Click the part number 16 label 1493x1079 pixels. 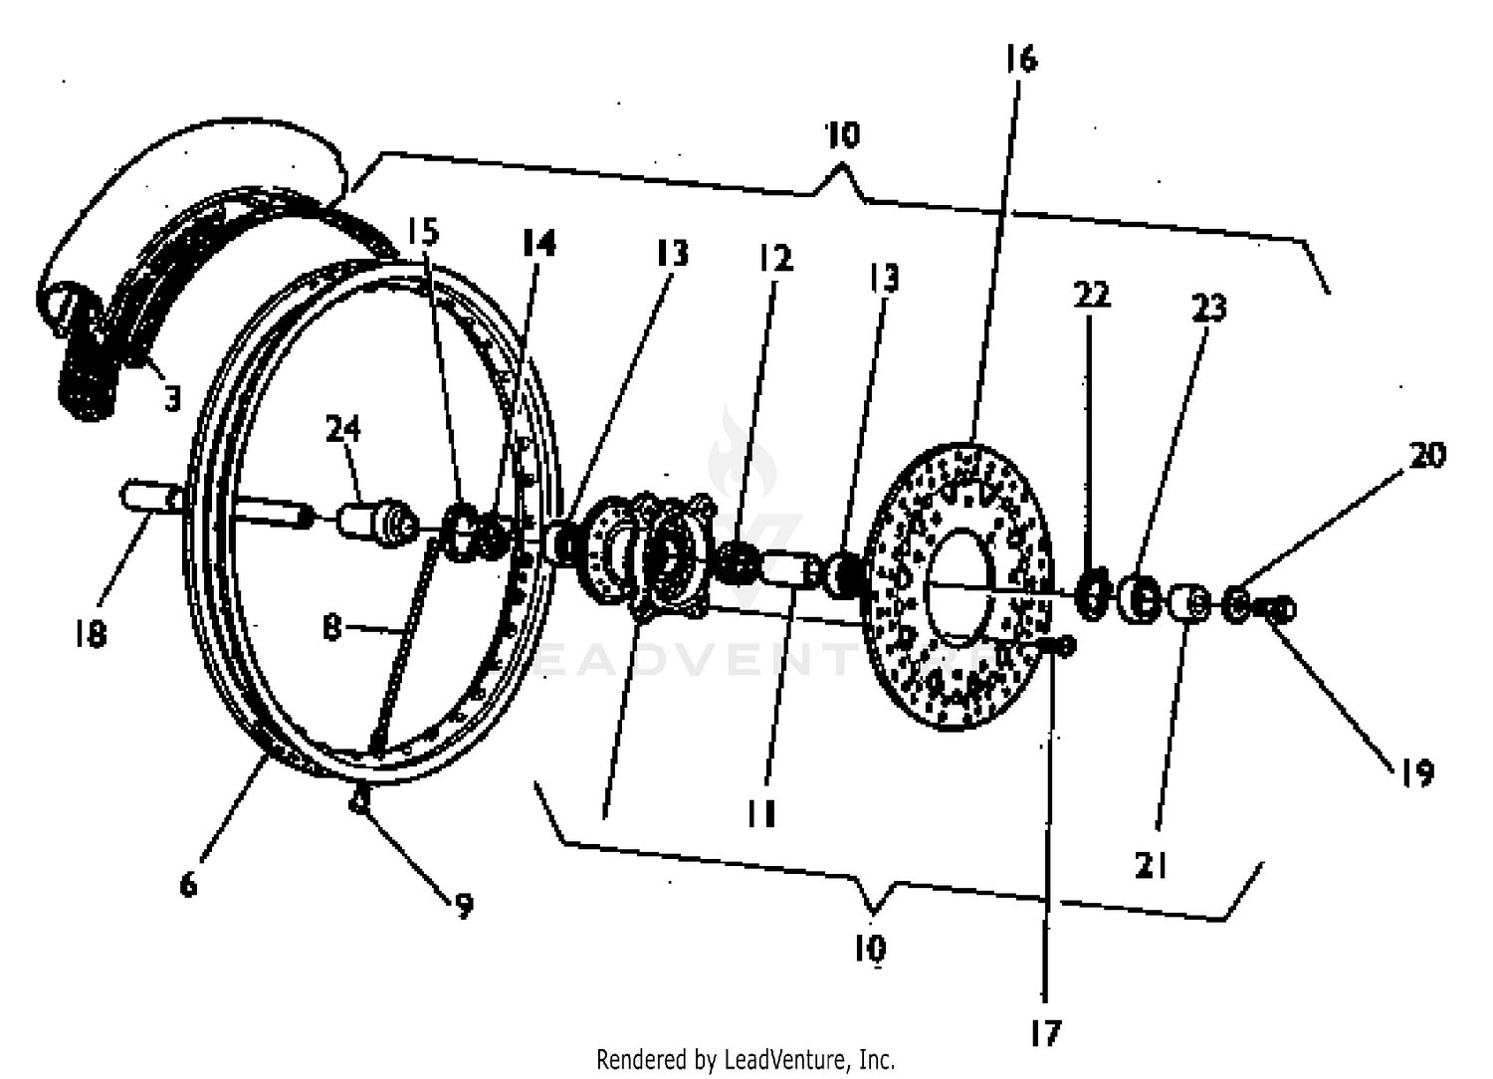coord(1020,60)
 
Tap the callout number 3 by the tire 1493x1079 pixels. coord(173,399)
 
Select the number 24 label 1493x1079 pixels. coord(342,429)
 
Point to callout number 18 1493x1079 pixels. coord(90,633)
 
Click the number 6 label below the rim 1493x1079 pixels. coord(188,883)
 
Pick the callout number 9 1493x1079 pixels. coord(464,906)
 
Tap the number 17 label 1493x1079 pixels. coord(1045,1033)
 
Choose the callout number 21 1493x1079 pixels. coord(1151,865)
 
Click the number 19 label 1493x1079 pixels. coord(1417,772)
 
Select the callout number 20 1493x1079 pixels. coord(1427,455)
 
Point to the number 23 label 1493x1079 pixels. coord(1209,309)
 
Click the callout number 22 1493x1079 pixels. coord(1091,295)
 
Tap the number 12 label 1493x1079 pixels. coord(775,258)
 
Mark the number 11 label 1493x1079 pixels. coord(761,815)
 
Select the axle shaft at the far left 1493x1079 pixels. coord(149,496)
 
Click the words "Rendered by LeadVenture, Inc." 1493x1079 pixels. coord(746,1059)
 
